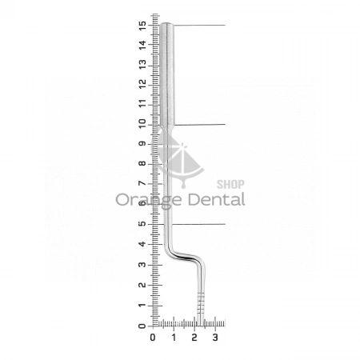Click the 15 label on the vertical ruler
142,26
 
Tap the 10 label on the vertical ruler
142,124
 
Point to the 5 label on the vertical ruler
142,223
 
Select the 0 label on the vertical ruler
142,326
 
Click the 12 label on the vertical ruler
142,85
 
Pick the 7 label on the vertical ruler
142,183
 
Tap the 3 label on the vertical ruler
142,265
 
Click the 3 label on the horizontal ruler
215,338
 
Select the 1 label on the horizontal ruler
174,338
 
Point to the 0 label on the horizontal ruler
153,338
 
